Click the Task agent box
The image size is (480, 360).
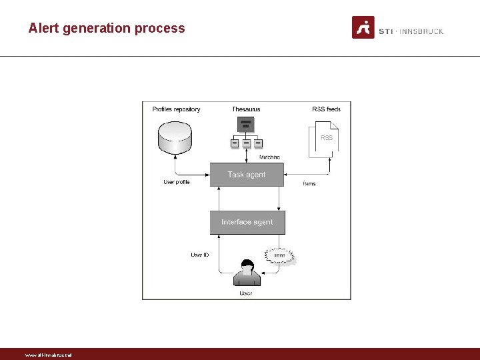tap(247, 175)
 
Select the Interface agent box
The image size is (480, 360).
tap(247, 222)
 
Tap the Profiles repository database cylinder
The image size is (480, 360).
tap(175, 136)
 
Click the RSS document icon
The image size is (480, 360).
tap(325, 139)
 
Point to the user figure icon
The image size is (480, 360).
tap(246, 273)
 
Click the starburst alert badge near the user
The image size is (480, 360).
tap(280, 255)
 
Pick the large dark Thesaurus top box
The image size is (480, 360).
tap(246, 124)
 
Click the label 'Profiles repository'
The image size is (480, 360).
tap(176, 109)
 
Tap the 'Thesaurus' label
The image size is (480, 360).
tap(246, 109)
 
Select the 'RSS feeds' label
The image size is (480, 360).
tap(326, 109)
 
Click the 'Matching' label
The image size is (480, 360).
tap(269, 157)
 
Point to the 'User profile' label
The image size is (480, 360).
tap(177, 182)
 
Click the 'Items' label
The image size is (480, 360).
tap(309, 183)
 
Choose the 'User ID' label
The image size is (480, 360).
tap(199, 255)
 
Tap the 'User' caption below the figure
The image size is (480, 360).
tap(246, 293)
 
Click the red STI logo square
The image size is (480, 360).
tap(363, 27)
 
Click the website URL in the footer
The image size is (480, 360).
tap(48, 355)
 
